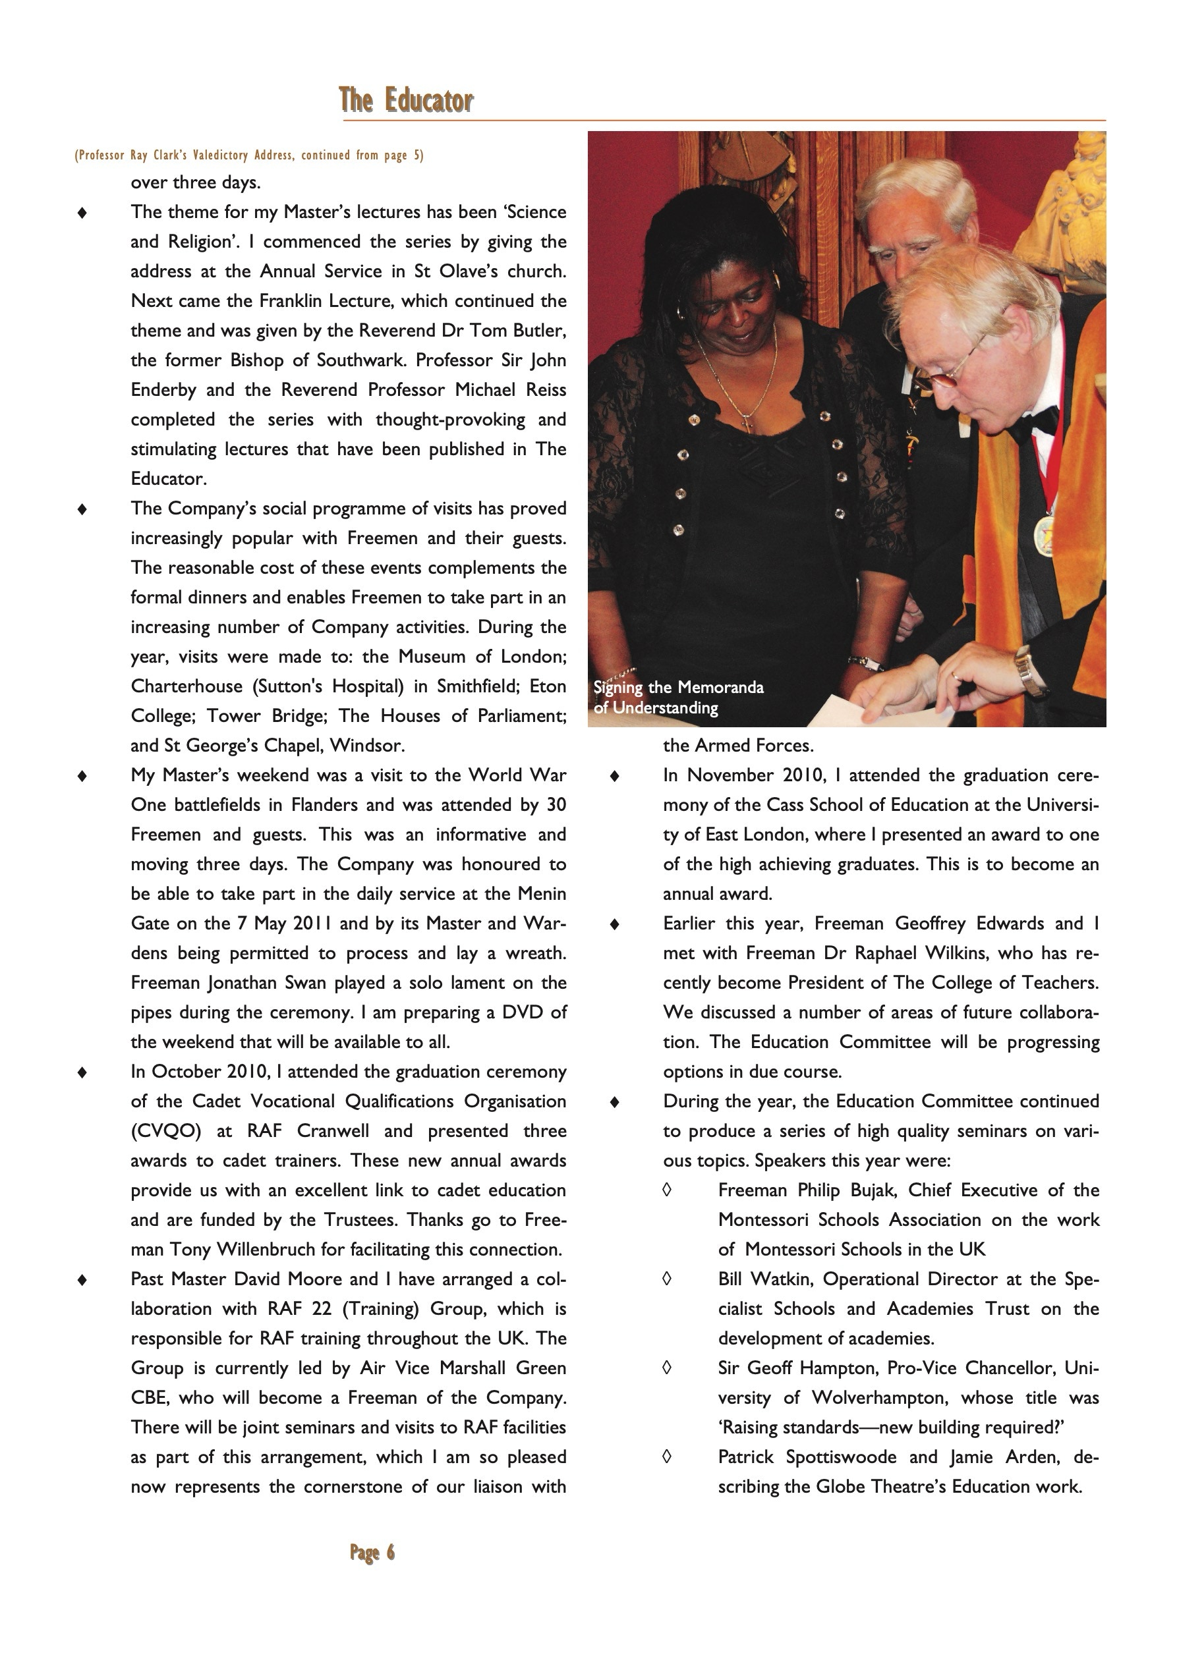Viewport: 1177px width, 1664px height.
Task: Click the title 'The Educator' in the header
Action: point(406,100)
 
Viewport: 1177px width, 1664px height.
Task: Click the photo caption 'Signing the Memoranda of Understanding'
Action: point(678,697)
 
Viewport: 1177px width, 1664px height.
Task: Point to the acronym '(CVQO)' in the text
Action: point(165,1130)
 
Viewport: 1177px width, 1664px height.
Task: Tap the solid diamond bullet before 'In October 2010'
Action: point(82,1072)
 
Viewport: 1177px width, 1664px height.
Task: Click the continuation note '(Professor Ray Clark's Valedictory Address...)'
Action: point(248,155)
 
